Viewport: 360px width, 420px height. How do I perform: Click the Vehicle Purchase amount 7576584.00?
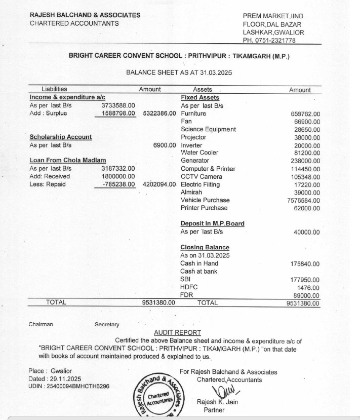point(303,201)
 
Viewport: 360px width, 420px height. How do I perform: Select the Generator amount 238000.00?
point(306,161)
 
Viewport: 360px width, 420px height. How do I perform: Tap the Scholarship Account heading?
point(61,137)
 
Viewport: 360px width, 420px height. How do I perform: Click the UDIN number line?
point(69,387)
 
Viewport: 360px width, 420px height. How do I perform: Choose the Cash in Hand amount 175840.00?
point(305,264)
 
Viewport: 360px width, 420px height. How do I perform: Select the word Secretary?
point(107,324)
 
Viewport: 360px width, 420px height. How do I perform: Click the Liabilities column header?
point(54,90)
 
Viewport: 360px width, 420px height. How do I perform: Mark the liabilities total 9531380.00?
point(158,303)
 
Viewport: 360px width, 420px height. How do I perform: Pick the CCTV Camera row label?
point(201,177)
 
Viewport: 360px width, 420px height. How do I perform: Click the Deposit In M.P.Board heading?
point(212,223)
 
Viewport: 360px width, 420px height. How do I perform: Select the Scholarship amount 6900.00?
point(164,145)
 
